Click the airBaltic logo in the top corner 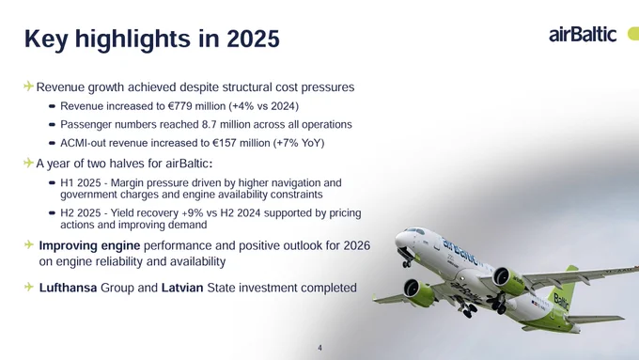(583, 35)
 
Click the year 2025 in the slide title (253, 39)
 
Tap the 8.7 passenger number (209, 124)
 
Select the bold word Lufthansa (68, 288)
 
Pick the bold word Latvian (182, 288)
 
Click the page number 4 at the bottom (319, 348)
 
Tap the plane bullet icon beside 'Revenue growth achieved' (28, 86)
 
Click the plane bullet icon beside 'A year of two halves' (28, 163)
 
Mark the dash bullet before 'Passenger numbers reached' (52, 125)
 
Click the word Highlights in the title (132, 39)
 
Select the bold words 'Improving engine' (89, 246)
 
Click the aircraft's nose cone (400, 240)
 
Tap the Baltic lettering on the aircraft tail (561, 303)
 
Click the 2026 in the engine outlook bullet (357, 246)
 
